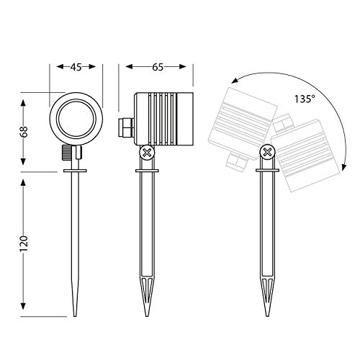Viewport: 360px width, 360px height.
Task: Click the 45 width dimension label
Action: (x=76, y=67)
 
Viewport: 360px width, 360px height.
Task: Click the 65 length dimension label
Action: (x=158, y=67)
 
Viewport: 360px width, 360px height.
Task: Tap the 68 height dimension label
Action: (x=24, y=132)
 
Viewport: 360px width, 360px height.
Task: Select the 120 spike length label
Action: (x=24, y=243)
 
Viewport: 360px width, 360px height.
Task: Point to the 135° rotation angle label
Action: (x=305, y=99)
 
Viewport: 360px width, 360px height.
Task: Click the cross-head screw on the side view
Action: (x=147, y=152)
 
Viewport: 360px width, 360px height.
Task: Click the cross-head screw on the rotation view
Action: (x=267, y=152)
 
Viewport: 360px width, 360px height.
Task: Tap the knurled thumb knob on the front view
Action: (x=67, y=153)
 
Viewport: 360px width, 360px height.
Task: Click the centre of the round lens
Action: (x=76, y=119)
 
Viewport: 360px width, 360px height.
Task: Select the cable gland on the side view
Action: (x=126, y=127)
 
